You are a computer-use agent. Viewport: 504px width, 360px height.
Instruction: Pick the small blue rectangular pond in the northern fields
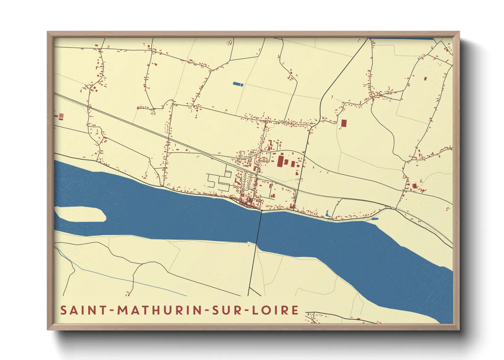[x=238, y=84]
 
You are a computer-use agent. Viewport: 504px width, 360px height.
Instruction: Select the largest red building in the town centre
[x=280, y=161]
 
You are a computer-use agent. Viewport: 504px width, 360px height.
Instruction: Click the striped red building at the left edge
[x=61, y=117]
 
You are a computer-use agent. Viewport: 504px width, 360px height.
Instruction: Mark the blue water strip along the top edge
[x=402, y=38]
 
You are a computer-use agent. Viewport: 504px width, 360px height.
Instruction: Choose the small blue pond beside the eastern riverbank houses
[x=328, y=214]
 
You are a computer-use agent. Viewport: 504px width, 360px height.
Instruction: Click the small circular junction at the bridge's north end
[x=261, y=211]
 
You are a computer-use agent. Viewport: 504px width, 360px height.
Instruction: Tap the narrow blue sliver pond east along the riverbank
[x=375, y=219]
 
